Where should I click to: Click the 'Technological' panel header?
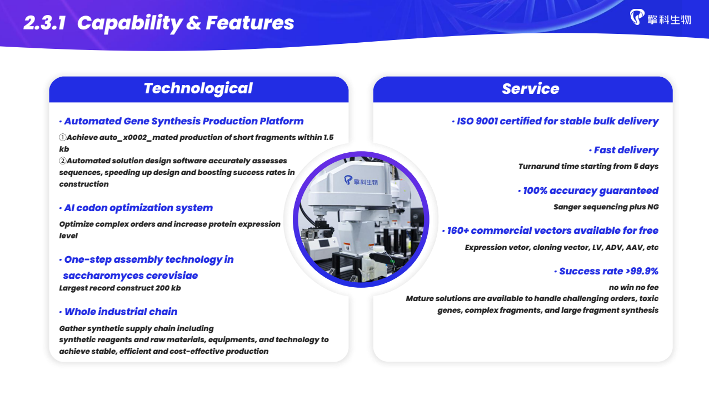pyautogui.click(x=198, y=88)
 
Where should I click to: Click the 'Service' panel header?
pyautogui.click(x=523, y=88)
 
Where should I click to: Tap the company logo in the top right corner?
pyautogui.click(x=660, y=17)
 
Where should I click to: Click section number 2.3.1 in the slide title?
pyautogui.click(x=44, y=23)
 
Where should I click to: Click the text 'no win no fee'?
pyautogui.click(x=633, y=287)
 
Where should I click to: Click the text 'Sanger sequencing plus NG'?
pyautogui.click(x=606, y=207)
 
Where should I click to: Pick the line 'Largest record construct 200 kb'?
pyautogui.click(x=120, y=288)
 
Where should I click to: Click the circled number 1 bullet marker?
pyautogui.click(x=63, y=137)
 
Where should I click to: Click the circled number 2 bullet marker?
pyautogui.click(x=63, y=161)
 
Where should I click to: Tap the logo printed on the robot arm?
pyautogui.click(x=361, y=181)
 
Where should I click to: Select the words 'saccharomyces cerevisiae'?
pyautogui.click(x=131, y=276)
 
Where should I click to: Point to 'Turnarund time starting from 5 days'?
pyautogui.click(x=588, y=167)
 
